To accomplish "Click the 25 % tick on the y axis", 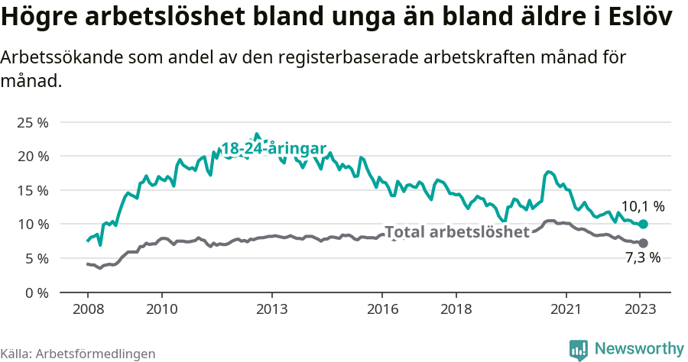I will click(x=32, y=122).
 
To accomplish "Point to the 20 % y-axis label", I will click(x=32, y=156).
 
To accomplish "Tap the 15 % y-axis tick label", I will click(x=32, y=190).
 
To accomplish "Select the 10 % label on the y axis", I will click(x=32, y=224).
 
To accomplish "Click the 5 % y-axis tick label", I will click(x=35, y=258).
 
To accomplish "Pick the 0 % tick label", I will click(x=35, y=293).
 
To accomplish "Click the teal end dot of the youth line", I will click(x=644, y=224).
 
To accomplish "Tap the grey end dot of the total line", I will click(x=644, y=243).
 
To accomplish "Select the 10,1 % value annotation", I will click(x=642, y=206).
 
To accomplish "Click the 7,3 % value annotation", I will click(x=642, y=258).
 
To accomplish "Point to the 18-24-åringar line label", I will click(x=274, y=149).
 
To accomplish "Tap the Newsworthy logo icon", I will click(x=579, y=350).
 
